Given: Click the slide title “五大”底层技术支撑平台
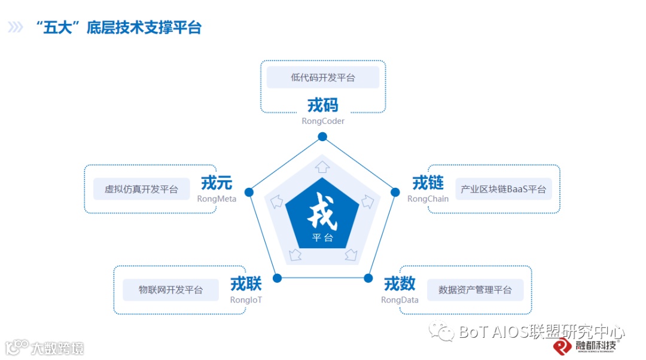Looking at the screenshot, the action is tap(119, 28).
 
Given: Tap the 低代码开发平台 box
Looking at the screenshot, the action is tap(323, 78).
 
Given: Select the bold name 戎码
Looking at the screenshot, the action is tap(323, 106).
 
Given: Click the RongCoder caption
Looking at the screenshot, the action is tap(323, 121).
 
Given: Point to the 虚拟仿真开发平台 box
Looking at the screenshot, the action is tap(142, 189).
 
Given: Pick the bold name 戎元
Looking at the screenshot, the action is tap(217, 183).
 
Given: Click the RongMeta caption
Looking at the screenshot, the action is tap(217, 199).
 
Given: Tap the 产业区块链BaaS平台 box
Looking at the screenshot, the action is tap(503, 189).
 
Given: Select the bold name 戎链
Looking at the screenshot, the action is tap(428, 183).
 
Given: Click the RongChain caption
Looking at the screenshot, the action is tap(428, 199).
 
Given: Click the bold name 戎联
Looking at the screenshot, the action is tap(246, 284).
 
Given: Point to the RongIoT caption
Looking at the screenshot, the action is tap(246, 300).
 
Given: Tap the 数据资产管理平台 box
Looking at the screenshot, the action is tap(475, 290).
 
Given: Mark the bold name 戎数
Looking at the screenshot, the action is tap(400, 283).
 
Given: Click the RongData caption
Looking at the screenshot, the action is tap(400, 300).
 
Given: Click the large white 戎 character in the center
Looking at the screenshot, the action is tap(322, 213).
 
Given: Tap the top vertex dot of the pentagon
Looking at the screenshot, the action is tap(322, 136).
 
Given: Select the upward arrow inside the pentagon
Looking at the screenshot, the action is tap(322, 166).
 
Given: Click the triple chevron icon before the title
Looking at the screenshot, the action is tap(16, 28).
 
